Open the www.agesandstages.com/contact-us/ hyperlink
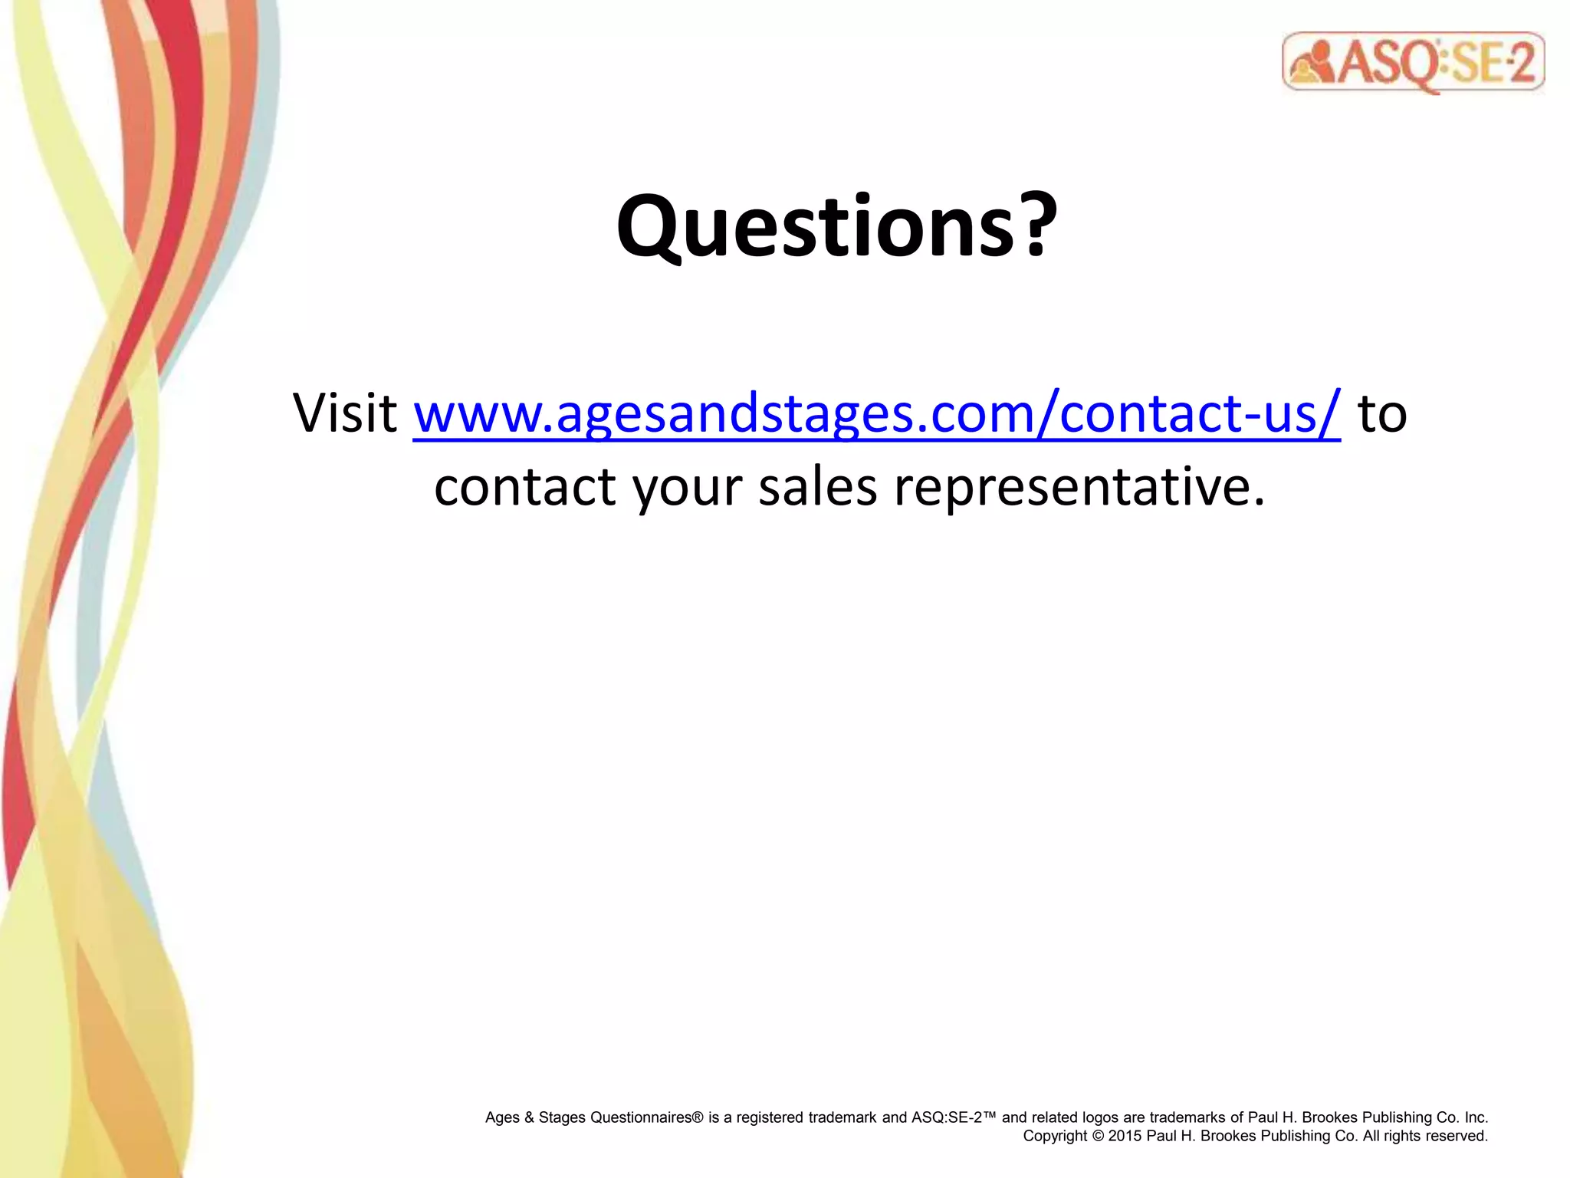(876, 414)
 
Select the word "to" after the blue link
(1381, 414)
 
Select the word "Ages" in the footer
(502, 1117)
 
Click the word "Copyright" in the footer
(1055, 1137)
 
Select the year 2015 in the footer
(1125, 1137)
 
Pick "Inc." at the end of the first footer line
(1476, 1117)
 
